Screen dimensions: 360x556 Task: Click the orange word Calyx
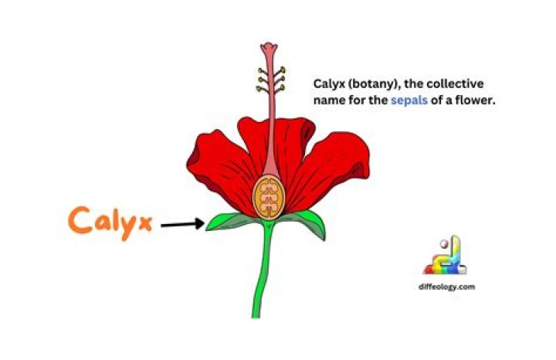(x=112, y=221)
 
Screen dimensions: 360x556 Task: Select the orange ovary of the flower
(x=269, y=196)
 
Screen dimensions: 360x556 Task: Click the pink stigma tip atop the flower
(x=268, y=50)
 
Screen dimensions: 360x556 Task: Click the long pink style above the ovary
(x=268, y=116)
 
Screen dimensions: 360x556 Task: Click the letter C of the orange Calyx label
(x=79, y=220)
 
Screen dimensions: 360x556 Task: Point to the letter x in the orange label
(x=146, y=222)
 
